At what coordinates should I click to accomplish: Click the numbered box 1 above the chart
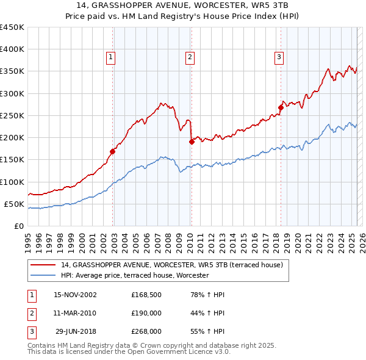click(111, 58)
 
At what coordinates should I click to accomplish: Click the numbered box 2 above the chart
click(190, 58)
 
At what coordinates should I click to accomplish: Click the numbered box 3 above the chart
click(279, 58)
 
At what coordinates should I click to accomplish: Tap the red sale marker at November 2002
click(113, 151)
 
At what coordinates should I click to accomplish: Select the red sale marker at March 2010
click(192, 142)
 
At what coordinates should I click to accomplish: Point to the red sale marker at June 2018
click(281, 107)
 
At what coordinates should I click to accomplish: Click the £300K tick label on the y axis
click(12, 93)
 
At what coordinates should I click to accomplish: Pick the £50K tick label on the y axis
click(14, 204)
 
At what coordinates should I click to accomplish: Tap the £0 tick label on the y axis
click(20, 226)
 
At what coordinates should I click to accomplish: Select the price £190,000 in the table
click(146, 313)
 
